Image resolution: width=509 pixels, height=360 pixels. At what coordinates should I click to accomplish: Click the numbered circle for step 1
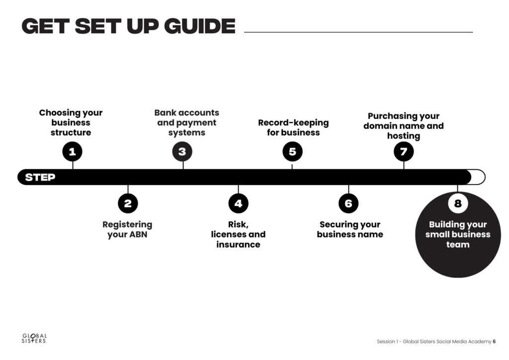(72, 152)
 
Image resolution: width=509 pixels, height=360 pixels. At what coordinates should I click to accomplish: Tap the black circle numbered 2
(128, 203)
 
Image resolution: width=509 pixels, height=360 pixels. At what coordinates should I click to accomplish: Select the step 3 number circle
(182, 152)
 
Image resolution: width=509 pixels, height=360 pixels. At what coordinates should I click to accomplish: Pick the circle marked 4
(238, 203)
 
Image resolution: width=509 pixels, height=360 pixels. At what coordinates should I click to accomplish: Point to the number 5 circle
(292, 152)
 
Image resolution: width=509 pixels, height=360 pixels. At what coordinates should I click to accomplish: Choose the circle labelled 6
(348, 203)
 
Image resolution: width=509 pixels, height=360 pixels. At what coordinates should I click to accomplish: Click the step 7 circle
(404, 152)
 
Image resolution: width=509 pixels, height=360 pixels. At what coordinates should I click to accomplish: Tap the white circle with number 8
(458, 203)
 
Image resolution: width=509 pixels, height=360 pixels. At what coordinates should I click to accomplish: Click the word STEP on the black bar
(40, 177)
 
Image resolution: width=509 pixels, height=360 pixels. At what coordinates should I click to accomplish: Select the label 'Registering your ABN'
(127, 229)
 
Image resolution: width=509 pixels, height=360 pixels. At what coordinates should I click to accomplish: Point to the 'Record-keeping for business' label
(293, 127)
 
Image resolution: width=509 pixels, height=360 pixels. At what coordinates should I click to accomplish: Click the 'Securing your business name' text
(350, 229)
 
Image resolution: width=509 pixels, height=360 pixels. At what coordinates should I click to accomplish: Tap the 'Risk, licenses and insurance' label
(238, 234)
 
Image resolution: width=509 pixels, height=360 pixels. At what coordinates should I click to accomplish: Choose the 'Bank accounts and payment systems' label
(186, 123)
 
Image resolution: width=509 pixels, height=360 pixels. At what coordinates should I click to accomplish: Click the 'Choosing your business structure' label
(71, 123)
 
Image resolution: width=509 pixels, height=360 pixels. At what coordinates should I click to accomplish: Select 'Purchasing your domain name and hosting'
(404, 126)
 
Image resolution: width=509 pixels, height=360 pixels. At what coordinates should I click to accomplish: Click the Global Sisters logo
(34, 339)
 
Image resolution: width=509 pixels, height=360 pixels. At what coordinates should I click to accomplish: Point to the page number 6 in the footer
(494, 342)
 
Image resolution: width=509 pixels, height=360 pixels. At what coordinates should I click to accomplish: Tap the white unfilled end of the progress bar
(478, 177)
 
